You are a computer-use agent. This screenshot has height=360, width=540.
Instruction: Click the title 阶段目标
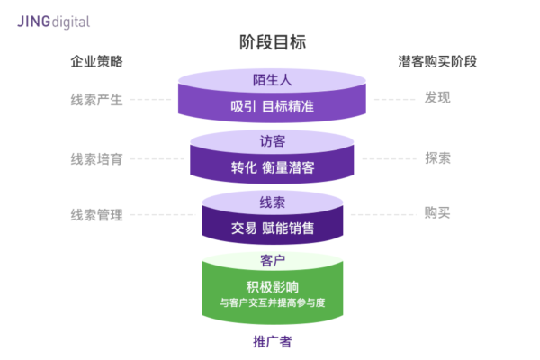(x=273, y=42)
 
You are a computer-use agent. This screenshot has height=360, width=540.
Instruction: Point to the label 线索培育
(x=96, y=158)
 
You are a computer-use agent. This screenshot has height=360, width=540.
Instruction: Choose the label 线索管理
(x=96, y=214)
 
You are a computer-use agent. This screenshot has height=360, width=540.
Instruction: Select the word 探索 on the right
(x=437, y=158)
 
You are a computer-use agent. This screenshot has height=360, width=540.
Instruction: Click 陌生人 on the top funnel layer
(x=273, y=80)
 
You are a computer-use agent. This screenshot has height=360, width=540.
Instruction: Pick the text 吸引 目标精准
(x=273, y=108)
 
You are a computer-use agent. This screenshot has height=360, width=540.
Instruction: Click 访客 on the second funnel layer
(x=273, y=139)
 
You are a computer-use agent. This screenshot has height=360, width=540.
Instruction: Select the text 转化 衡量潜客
(x=273, y=167)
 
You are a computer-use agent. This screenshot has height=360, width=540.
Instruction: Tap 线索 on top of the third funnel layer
(x=273, y=200)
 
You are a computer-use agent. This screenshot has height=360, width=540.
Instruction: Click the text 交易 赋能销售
(x=273, y=228)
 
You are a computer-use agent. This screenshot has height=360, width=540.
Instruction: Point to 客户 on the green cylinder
(x=273, y=260)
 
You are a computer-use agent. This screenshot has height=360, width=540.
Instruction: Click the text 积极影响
(x=273, y=287)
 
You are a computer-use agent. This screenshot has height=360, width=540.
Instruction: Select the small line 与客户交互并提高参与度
(x=273, y=303)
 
